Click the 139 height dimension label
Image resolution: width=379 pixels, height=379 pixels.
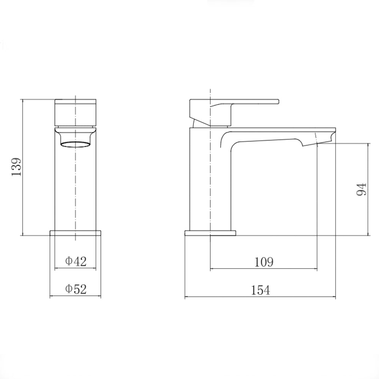click(x=16, y=167)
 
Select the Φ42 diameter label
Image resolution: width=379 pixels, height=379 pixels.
click(x=76, y=261)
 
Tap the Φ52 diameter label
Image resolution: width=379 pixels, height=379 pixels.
click(x=76, y=289)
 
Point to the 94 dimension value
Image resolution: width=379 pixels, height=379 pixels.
click(x=361, y=189)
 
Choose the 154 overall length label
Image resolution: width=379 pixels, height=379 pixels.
click(x=260, y=290)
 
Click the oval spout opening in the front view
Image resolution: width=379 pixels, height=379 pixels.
click(x=76, y=144)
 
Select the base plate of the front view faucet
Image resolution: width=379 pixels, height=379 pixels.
click(x=76, y=232)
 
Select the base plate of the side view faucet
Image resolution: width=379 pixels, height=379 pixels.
click(x=210, y=233)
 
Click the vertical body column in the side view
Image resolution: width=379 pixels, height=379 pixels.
click(x=210, y=182)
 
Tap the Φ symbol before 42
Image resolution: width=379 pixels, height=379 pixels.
click(x=69, y=261)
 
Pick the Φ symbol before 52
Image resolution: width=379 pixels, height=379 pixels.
click(x=69, y=289)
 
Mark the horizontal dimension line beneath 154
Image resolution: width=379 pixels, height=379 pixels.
click(x=260, y=297)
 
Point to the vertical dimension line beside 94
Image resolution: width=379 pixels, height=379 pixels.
click(x=368, y=189)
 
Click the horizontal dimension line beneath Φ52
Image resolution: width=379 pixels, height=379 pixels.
click(x=76, y=297)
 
